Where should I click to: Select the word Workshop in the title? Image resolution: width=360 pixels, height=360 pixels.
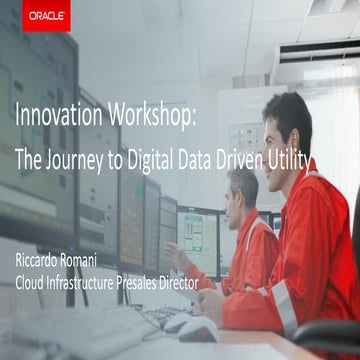150,117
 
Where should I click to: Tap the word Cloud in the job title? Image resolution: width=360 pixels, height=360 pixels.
33,284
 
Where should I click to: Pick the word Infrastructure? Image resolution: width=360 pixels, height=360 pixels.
94,284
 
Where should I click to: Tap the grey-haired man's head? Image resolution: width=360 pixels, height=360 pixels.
243,185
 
